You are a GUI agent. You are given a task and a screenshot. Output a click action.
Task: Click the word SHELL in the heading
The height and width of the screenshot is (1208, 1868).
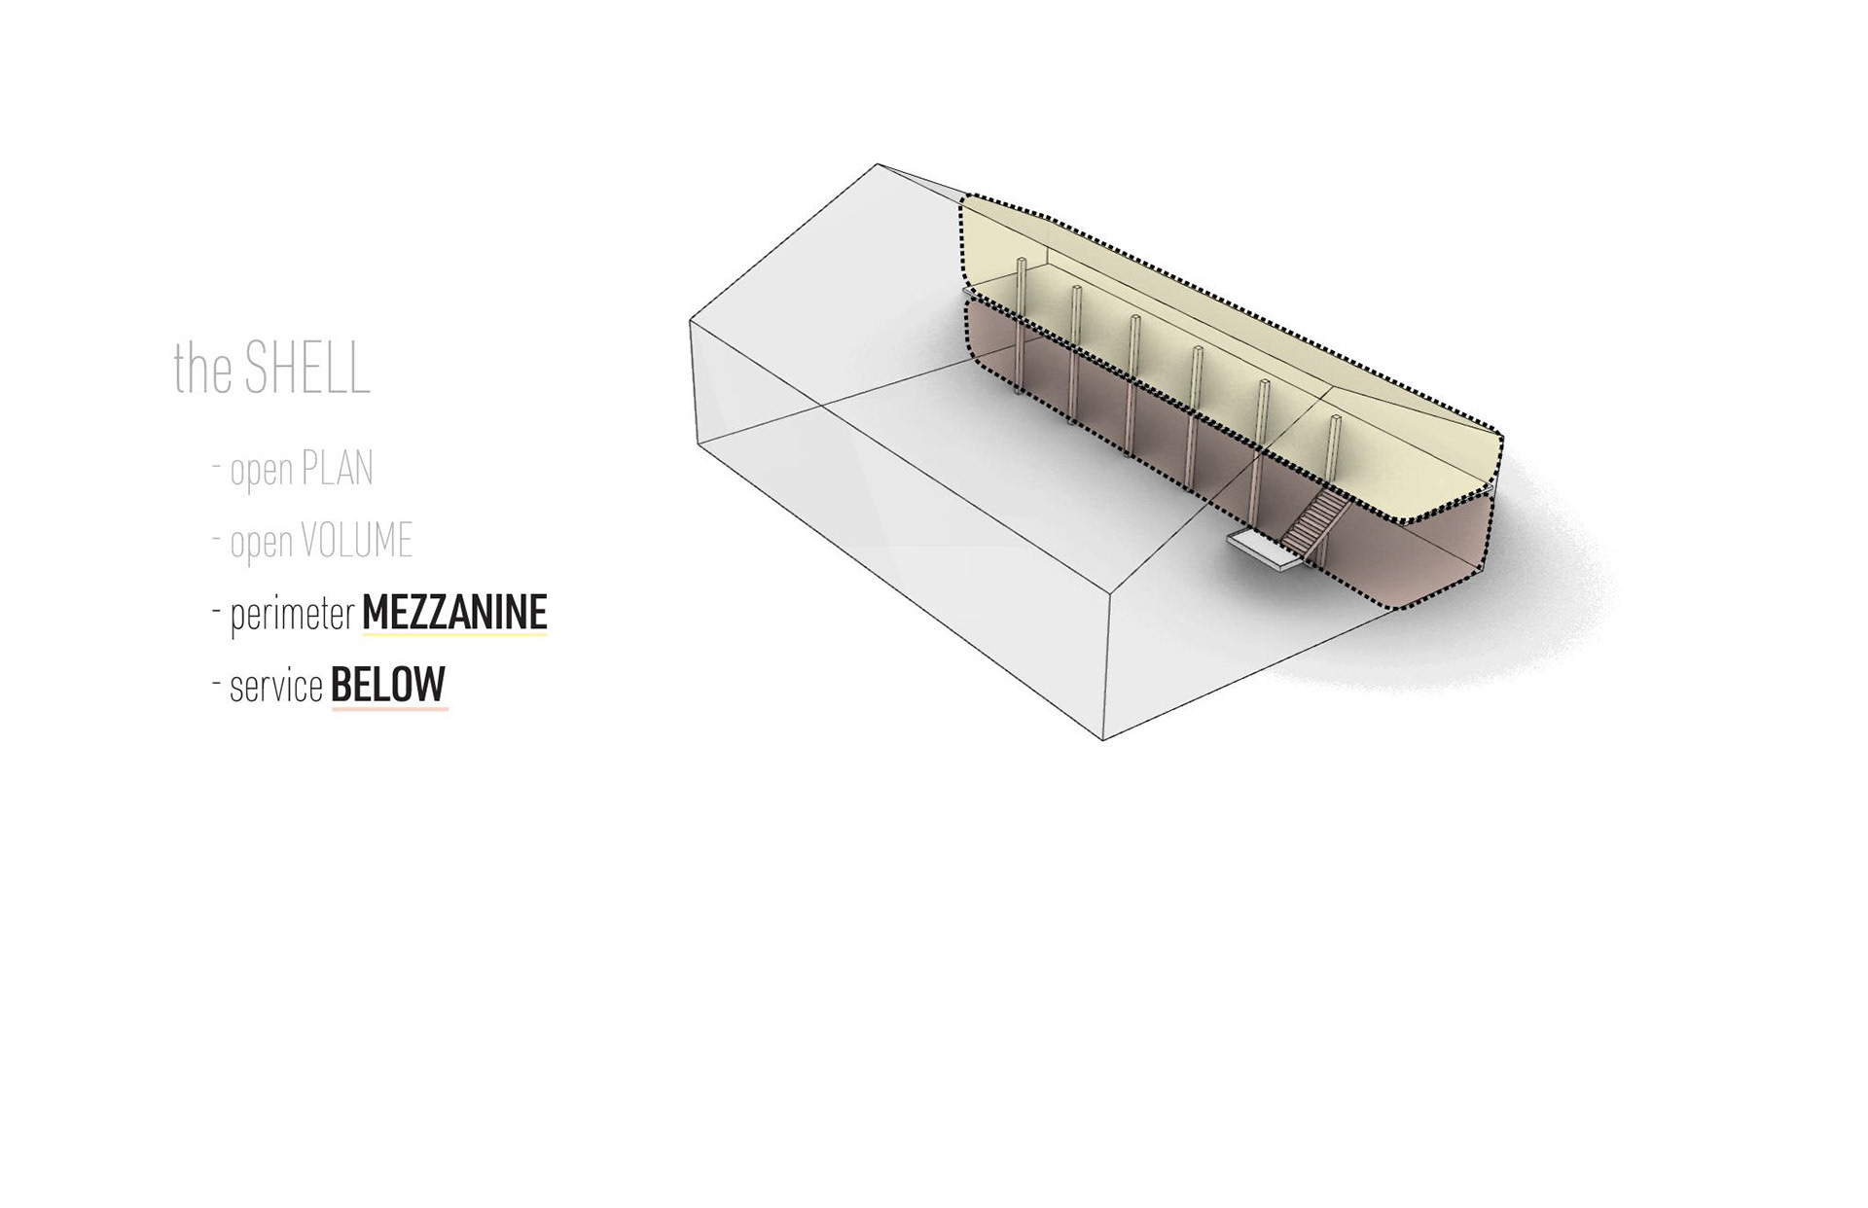click(x=307, y=368)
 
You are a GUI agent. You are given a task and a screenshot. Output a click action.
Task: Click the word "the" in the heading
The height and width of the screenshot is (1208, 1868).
click(x=203, y=369)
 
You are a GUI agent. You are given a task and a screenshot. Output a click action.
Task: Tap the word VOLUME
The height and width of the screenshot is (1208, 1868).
click(x=356, y=541)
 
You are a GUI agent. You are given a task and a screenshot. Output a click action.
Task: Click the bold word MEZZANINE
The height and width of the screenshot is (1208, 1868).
click(x=454, y=613)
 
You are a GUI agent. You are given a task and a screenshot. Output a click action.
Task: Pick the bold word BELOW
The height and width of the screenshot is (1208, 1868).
click(x=388, y=685)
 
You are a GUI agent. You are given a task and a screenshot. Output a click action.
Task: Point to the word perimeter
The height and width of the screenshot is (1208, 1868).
click(x=292, y=615)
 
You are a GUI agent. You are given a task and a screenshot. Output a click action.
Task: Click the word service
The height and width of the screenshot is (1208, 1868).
click(x=276, y=687)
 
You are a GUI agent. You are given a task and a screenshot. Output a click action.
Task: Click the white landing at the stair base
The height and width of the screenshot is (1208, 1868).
click(x=1262, y=549)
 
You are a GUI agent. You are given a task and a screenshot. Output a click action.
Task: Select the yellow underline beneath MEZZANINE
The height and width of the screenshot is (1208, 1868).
click(x=454, y=636)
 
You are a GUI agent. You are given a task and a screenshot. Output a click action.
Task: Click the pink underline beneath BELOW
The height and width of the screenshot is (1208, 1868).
click(x=389, y=709)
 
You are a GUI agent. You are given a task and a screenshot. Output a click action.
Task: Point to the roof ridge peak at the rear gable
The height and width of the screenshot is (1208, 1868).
click(x=878, y=164)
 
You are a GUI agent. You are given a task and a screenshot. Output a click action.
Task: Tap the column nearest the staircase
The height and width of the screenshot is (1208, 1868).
click(x=1334, y=457)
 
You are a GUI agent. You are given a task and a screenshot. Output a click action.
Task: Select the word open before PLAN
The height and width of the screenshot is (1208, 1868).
click(x=262, y=471)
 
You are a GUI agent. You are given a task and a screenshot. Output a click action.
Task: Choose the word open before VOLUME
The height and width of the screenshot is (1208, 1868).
click(x=262, y=543)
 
